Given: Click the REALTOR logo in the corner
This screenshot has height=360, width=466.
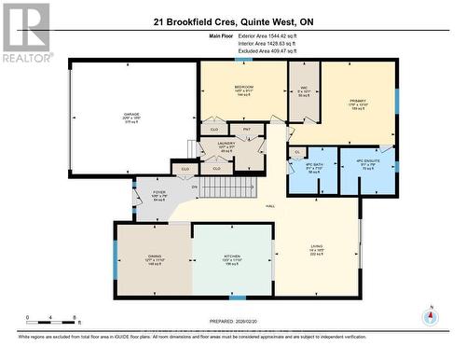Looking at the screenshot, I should click(25, 32).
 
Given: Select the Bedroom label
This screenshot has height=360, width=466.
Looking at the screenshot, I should click(245, 90).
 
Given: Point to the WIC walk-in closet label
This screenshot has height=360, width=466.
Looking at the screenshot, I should click(303, 91).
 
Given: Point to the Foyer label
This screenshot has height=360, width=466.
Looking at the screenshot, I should click(158, 197).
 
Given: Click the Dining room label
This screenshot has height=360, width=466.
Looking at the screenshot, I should click(154, 259).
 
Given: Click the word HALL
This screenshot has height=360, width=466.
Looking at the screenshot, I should click(270, 205).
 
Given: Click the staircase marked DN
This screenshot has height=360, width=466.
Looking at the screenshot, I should click(224, 188).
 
